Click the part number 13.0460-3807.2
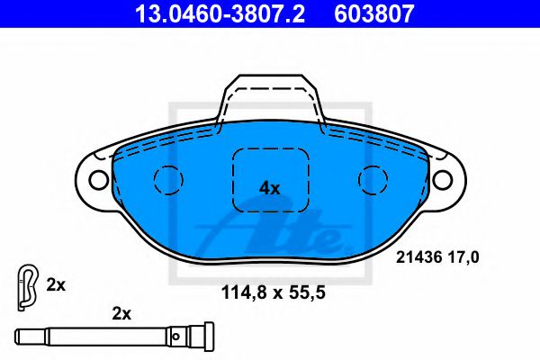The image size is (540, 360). coord(220,13)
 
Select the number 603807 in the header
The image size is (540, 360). coord(374,13)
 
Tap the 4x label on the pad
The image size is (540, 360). coord(270,188)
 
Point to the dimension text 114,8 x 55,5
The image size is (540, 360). coord(273,292)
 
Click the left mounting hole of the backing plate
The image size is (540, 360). coord(98,179)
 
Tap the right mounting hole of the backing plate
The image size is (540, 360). coord(443,179)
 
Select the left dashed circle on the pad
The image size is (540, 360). coord(154,179)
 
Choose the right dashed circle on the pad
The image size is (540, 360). coord(358,180)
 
